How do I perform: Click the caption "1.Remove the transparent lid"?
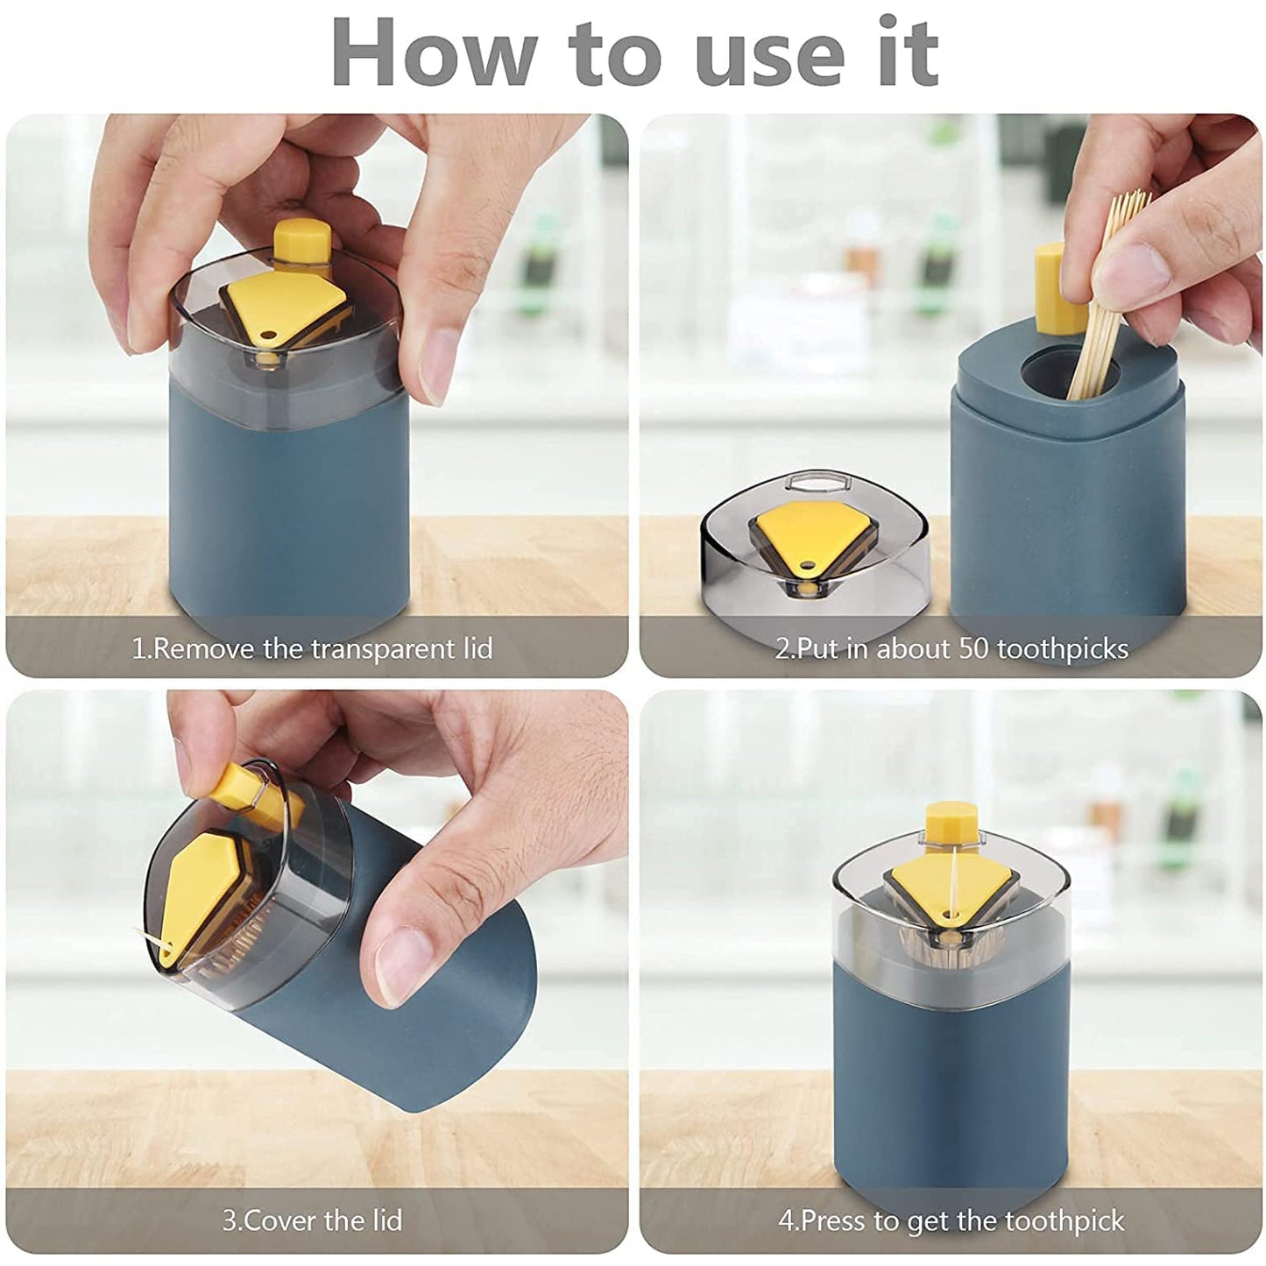pos(312,649)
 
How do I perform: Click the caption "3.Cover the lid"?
pos(312,1220)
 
